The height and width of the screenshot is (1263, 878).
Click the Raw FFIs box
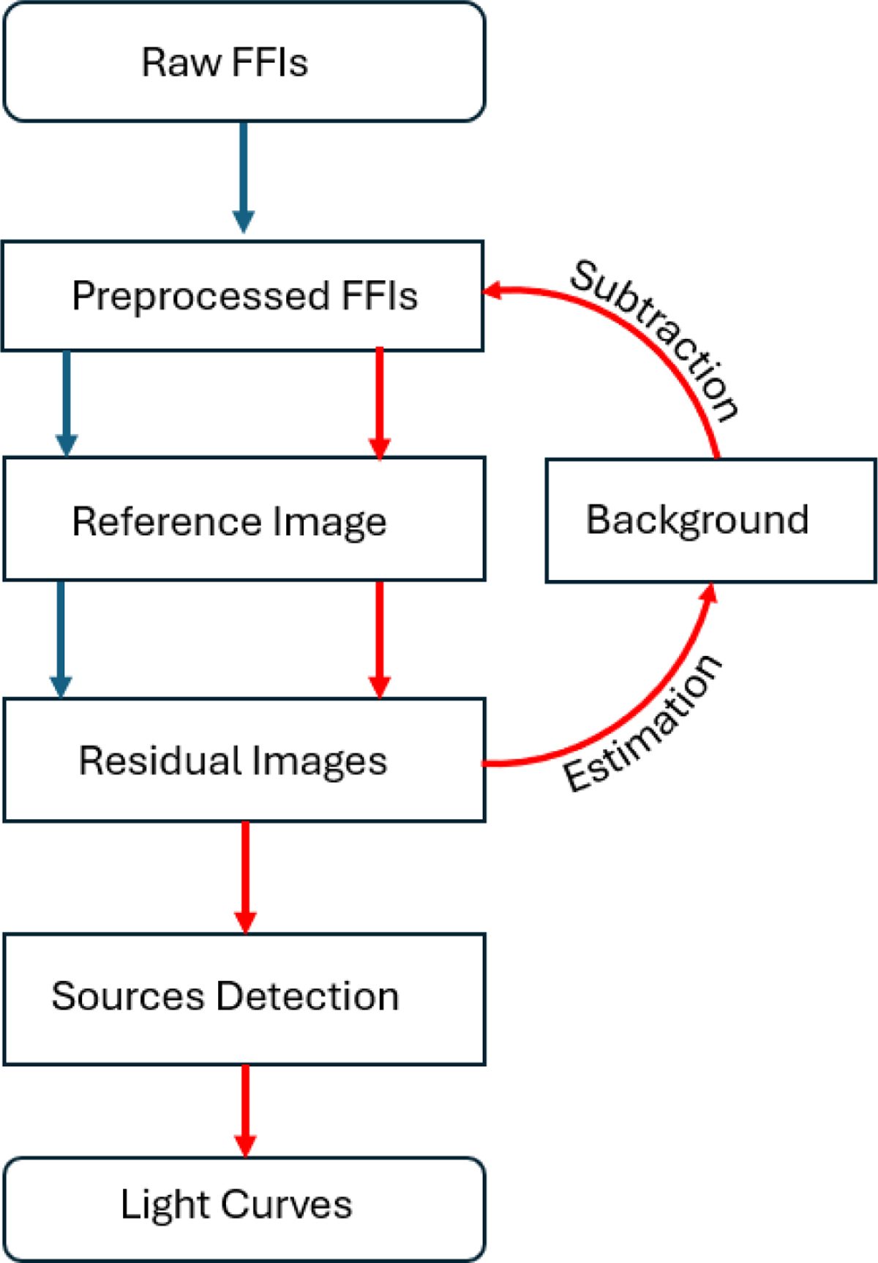click(x=244, y=62)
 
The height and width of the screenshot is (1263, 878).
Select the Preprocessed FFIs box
click(x=244, y=296)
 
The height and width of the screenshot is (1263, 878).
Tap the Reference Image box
click(x=244, y=520)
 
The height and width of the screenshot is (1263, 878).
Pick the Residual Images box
click(x=244, y=760)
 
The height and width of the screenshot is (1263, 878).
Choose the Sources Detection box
click(x=244, y=998)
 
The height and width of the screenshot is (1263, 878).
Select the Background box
click(x=710, y=521)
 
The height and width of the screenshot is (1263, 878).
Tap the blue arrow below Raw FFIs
click(x=244, y=176)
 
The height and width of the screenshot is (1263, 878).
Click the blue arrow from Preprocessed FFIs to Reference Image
click(x=67, y=403)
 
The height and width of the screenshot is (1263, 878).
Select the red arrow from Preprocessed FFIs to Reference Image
click(x=379, y=403)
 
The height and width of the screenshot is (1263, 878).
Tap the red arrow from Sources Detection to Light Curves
click(x=245, y=1109)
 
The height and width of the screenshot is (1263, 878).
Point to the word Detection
click(x=308, y=996)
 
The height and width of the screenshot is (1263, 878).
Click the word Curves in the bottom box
click(x=286, y=1204)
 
